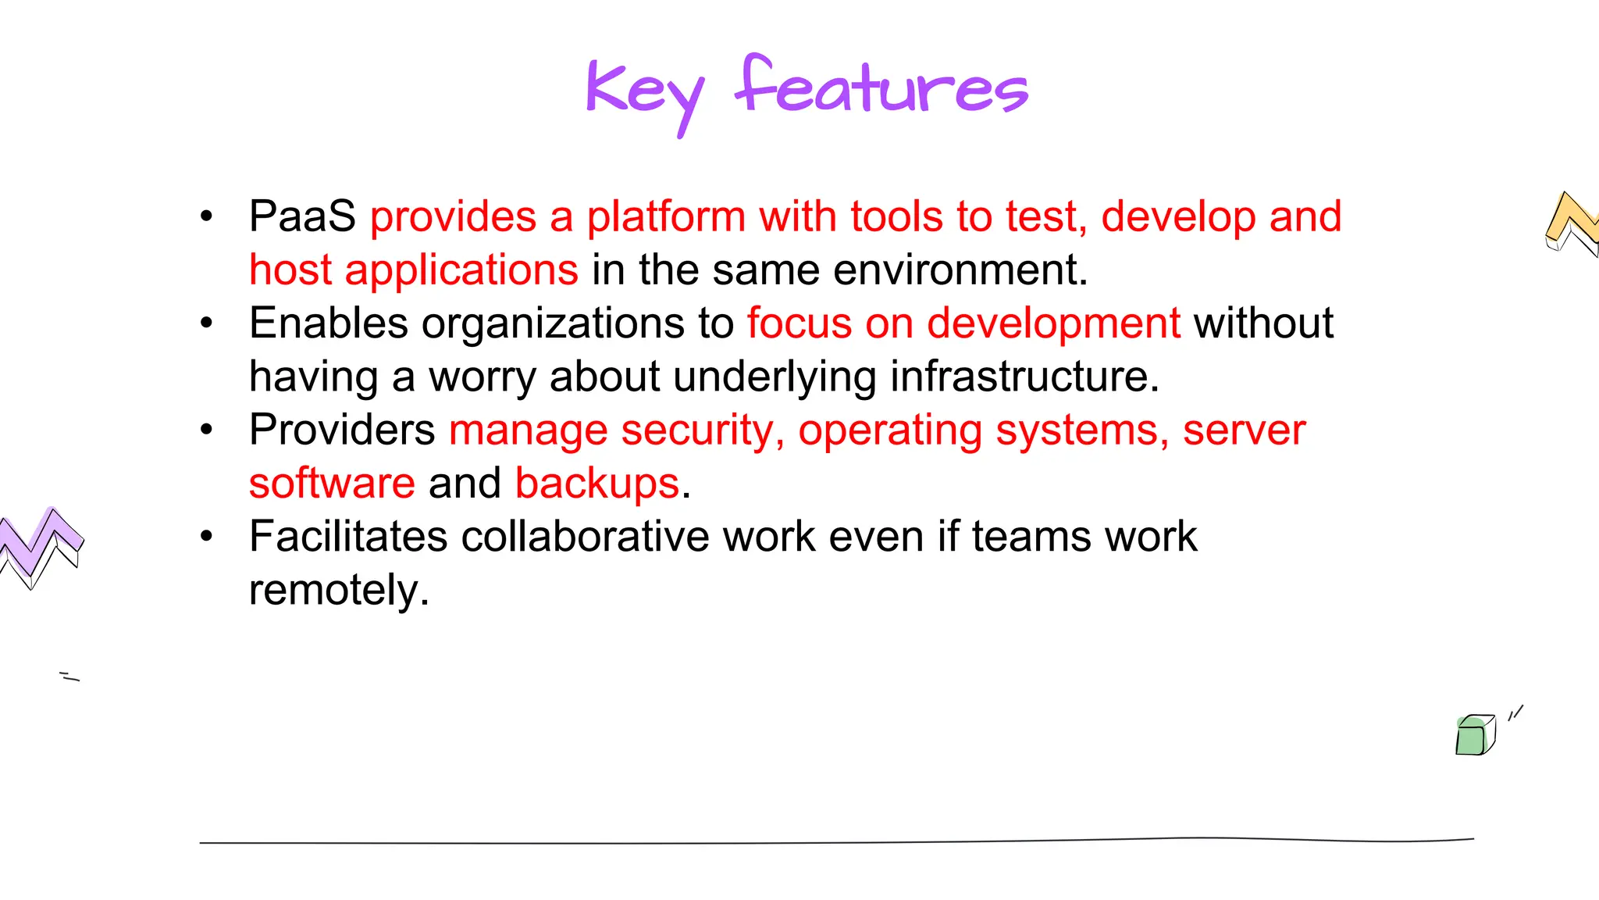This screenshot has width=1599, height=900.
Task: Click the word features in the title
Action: click(882, 87)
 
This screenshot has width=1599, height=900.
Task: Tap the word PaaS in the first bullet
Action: click(302, 216)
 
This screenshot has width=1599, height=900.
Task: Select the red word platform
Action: click(666, 216)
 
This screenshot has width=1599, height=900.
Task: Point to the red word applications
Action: click(461, 270)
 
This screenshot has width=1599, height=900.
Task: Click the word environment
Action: click(960, 270)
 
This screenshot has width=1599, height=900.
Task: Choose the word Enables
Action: click(329, 323)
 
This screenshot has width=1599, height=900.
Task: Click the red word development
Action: click(1053, 323)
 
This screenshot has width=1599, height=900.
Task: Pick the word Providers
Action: click(342, 430)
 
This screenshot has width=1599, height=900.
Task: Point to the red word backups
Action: click(597, 484)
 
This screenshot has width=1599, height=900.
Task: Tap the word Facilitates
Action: click(348, 537)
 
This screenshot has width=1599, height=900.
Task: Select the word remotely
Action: click(339, 591)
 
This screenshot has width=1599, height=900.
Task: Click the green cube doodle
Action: click(1475, 735)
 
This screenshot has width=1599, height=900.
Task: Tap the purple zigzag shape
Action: click(39, 544)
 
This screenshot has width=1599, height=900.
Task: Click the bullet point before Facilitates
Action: click(206, 537)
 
